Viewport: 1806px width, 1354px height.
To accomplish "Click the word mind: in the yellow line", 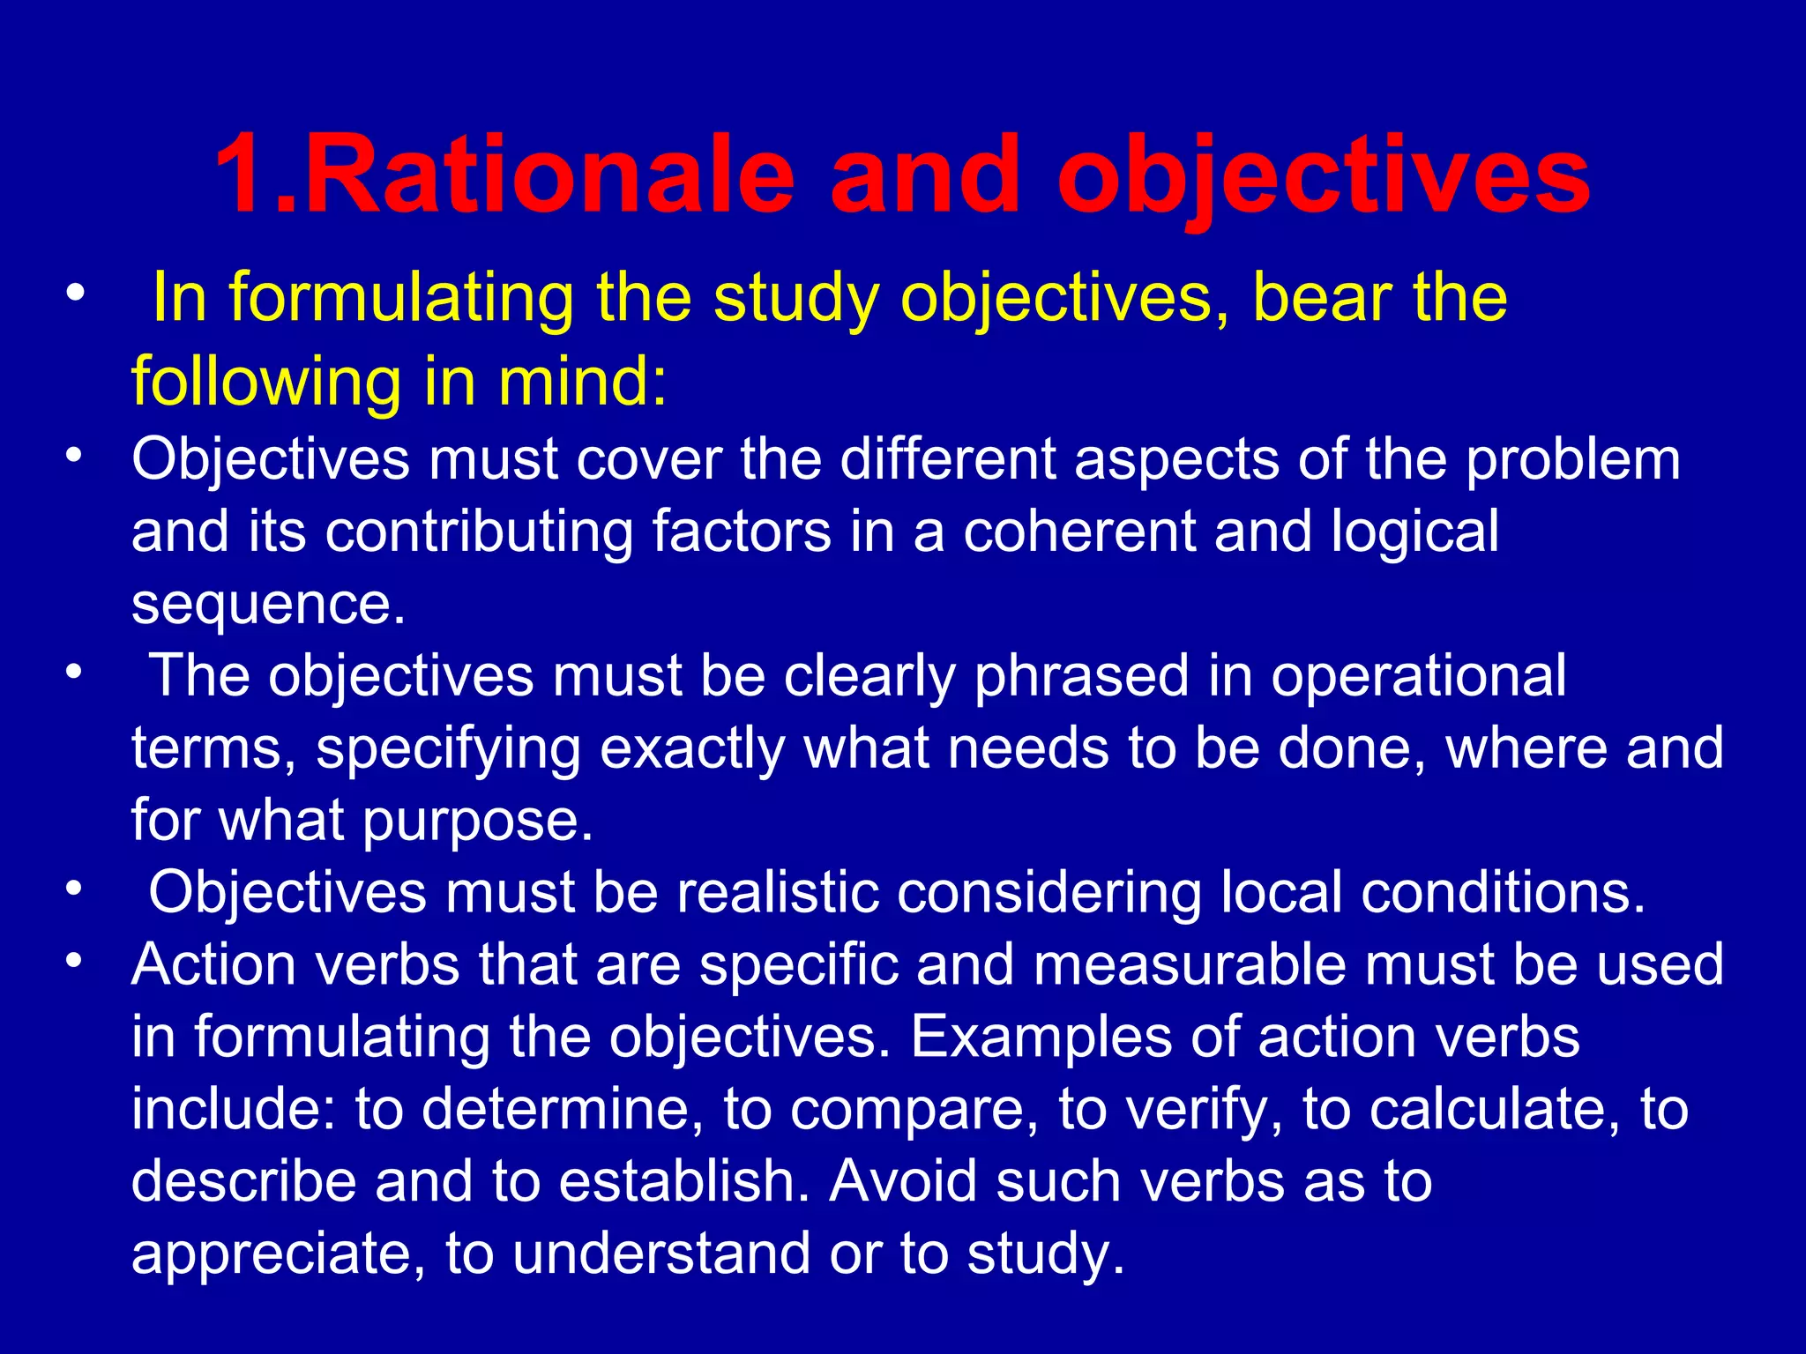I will tap(583, 381).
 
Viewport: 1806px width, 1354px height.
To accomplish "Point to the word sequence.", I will tap(268, 605).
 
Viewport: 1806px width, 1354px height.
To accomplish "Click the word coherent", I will tap(1078, 532).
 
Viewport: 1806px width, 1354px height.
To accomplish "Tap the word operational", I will tap(1418, 676).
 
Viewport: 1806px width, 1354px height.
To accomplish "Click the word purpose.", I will tap(477, 821).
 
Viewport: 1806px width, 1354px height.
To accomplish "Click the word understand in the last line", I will tap(661, 1254).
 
